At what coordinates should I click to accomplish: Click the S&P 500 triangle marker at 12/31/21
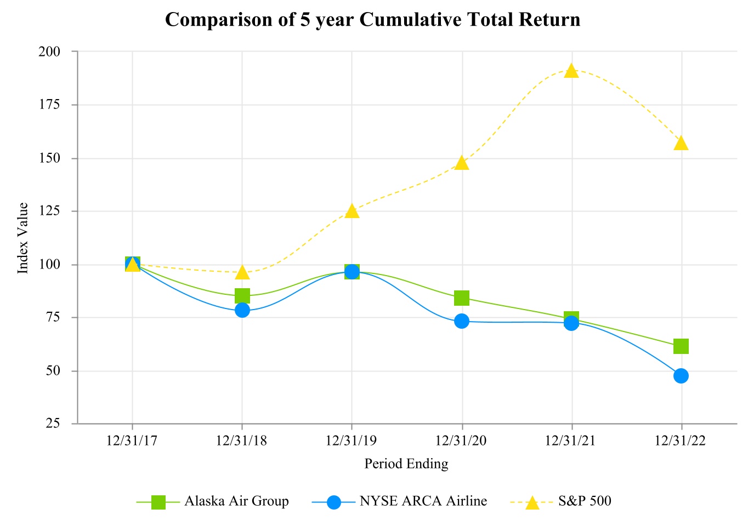pyautogui.click(x=571, y=71)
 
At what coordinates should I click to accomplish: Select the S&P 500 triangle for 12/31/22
pyautogui.click(x=681, y=144)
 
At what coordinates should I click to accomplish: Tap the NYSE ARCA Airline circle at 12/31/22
pyautogui.click(x=681, y=376)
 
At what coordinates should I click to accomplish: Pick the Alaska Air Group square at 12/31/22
pyautogui.click(x=681, y=346)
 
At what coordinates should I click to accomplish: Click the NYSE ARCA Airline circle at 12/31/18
pyautogui.click(x=242, y=310)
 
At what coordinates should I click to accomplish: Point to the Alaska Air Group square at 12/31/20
pyautogui.click(x=462, y=298)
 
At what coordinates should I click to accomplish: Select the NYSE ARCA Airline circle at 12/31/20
pyautogui.click(x=462, y=321)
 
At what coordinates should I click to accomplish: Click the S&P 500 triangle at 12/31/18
pyautogui.click(x=242, y=272)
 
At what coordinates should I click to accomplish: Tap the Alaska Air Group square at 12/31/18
pyautogui.click(x=242, y=296)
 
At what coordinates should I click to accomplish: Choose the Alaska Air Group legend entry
pyautogui.click(x=236, y=501)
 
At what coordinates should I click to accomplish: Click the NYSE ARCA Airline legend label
pyautogui.click(x=423, y=501)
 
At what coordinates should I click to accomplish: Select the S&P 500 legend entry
pyautogui.click(x=585, y=501)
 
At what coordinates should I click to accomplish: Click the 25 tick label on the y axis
pyautogui.click(x=53, y=424)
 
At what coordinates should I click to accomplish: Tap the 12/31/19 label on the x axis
pyautogui.click(x=352, y=441)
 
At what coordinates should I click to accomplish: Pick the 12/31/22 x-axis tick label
pyautogui.click(x=681, y=441)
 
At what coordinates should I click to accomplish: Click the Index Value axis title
pyautogui.click(x=23, y=238)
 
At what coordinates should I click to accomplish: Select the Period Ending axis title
pyautogui.click(x=406, y=464)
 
